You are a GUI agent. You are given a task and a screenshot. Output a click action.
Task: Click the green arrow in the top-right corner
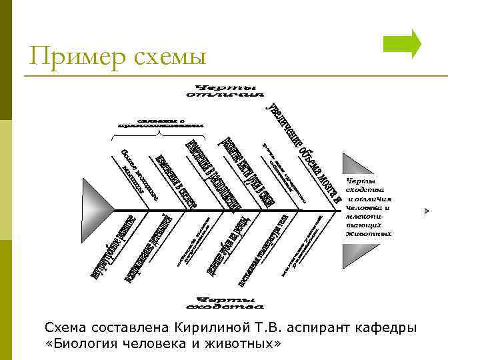[x=403, y=44]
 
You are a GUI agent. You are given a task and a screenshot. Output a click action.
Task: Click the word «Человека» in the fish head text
[x=364, y=207]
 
